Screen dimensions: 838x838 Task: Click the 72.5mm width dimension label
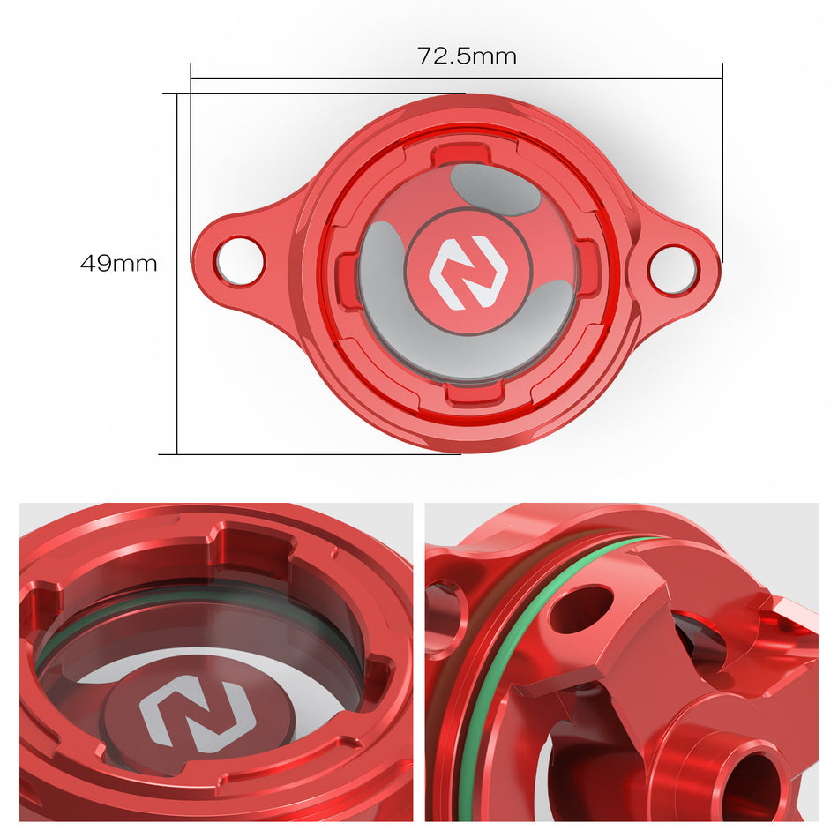click(x=467, y=56)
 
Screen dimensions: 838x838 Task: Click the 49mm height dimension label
click(x=118, y=263)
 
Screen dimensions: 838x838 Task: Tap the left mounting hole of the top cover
click(x=238, y=260)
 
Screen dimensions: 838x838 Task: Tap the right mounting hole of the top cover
click(x=673, y=268)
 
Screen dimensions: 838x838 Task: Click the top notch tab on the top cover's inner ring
click(x=460, y=152)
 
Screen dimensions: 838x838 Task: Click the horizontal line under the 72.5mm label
click(x=456, y=78)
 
